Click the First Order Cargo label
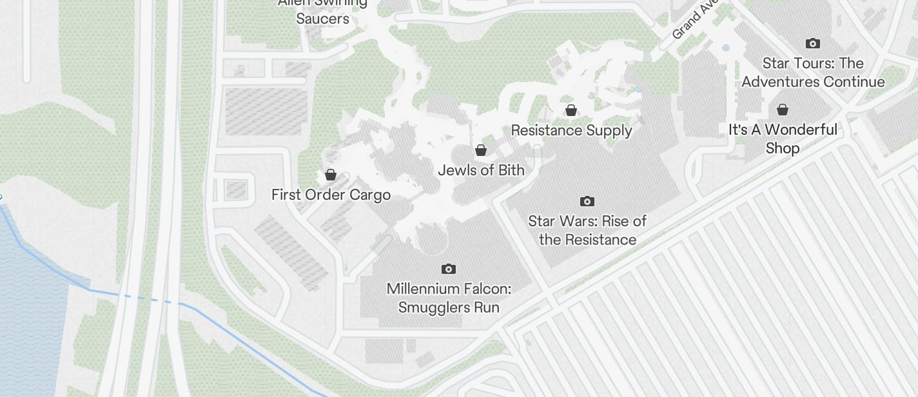[331, 195]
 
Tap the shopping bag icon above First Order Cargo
[331, 175]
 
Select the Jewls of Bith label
[481, 170]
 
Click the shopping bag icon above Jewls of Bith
[481, 150]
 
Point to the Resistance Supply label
[571, 130]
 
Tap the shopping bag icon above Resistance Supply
[571, 110]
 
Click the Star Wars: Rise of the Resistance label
[587, 230]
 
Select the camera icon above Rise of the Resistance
[587, 201]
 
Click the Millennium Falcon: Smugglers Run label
[449, 298]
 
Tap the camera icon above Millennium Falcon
[449, 269]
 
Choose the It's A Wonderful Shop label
[783, 139]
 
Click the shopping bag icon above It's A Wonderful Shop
[783, 110]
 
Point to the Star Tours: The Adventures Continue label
[813, 72]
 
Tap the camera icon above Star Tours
[813, 44]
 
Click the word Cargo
[370, 195]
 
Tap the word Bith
[511, 170]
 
